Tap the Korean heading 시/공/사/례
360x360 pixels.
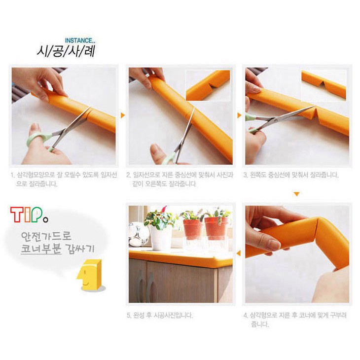coord(66,51)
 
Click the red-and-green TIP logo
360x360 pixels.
coord(29,215)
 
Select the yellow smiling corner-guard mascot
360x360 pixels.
coord(90,275)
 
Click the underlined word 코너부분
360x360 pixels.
coord(41,249)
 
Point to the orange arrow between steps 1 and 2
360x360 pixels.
coord(123,115)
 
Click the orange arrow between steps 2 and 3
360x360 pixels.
coord(239,115)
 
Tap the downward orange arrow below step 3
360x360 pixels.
coord(297,194)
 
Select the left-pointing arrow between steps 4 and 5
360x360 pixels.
coord(239,253)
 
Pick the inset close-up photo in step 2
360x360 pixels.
coord(208,85)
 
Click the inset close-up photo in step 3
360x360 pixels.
coord(324,85)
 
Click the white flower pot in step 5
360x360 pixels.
coord(160,238)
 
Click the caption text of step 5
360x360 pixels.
coord(160,315)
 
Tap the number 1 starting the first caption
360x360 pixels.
coord(12,176)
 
